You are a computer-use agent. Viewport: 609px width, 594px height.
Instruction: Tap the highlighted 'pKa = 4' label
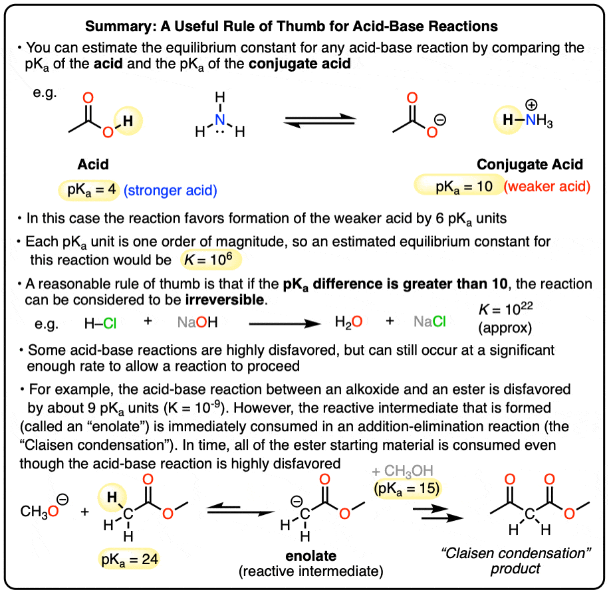[x=89, y=190]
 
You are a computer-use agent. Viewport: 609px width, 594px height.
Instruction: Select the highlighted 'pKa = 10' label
[x=463, y=187]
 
